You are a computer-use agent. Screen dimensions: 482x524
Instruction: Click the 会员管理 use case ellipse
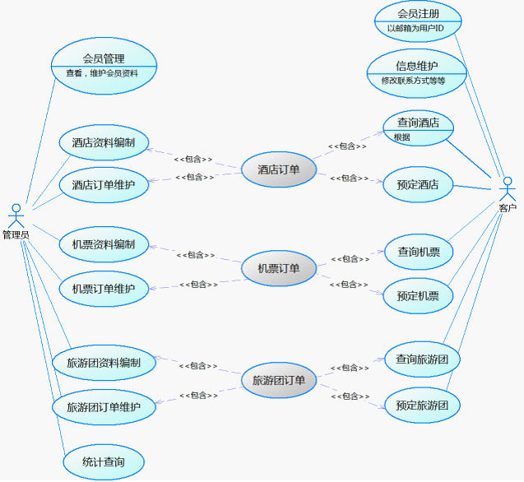pos(104,64)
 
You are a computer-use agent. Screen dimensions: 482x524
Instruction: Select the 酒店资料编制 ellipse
pos(104,142)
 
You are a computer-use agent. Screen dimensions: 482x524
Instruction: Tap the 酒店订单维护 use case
pos(104,184)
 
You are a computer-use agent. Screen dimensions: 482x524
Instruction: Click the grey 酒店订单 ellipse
pos(278,170)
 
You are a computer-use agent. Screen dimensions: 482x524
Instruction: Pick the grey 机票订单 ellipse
pos(278,268)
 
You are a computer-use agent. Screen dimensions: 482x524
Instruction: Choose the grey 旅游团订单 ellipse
pos(278,380)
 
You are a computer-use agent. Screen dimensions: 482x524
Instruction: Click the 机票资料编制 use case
pos(104,244)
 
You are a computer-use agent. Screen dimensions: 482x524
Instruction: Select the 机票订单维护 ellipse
pos(104,289)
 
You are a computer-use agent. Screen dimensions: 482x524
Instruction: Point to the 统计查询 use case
pos(104,462)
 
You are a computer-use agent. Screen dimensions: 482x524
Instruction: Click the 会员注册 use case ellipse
pos(418,21)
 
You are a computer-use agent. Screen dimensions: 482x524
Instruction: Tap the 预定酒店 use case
pos(418,183)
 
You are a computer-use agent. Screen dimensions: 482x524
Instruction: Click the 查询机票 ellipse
pos(419,252)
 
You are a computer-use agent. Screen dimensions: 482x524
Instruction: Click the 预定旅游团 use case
pos(422,405)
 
